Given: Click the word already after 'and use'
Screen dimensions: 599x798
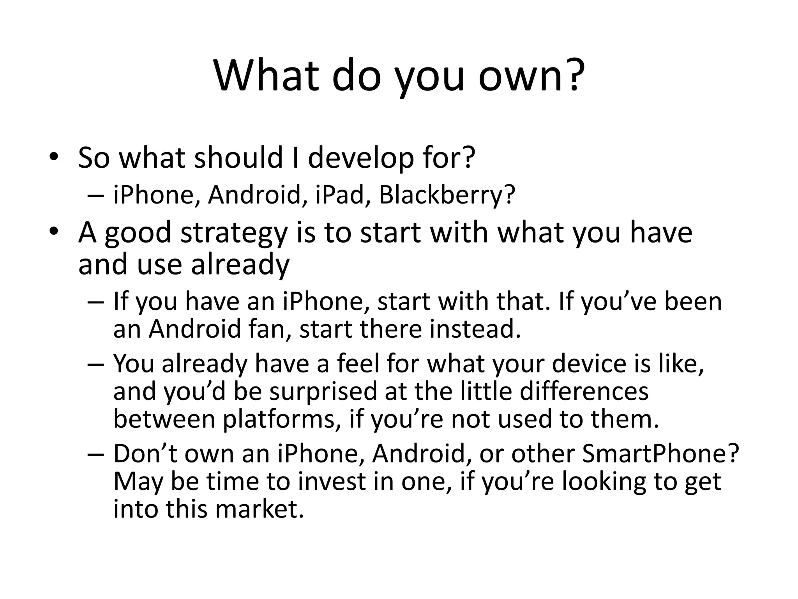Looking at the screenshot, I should pos(240,264).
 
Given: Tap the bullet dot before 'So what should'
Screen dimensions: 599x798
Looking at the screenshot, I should pos(54,158).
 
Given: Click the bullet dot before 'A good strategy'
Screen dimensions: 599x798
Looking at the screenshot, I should pos(54,232).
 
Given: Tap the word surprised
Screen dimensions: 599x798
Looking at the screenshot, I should pos(305,392).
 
